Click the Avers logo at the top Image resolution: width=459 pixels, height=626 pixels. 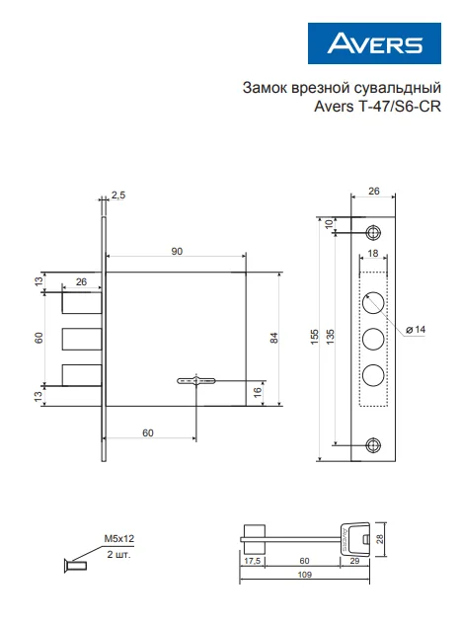(x=374, y=43)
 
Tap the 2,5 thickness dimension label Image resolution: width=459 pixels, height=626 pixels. (x=118, y=195)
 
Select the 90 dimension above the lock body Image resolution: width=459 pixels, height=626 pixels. (x=177, y=251)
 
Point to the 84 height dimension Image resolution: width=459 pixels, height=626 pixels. (x=273, y=338)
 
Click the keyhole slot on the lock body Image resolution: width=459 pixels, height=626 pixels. (x=196, y=380)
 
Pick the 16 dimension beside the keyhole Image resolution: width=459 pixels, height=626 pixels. (x=258, y=392)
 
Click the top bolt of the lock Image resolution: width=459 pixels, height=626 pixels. (x=82, y=302)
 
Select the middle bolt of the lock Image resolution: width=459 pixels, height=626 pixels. (x=82, y=339)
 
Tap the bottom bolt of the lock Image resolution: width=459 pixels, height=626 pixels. (x=82, y=375)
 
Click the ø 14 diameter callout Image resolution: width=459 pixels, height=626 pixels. (x=416, y=330)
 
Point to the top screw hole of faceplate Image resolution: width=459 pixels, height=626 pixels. (x=373, y=232)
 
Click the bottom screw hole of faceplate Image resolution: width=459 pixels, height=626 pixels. (x=373, y=445)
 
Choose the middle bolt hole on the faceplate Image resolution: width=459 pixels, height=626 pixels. (x=373, y=339)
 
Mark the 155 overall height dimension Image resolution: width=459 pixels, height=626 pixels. (x=315, y=337)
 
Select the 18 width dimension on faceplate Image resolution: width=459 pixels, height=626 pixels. (x=373, y=253)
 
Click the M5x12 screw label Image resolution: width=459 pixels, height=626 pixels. (x=118, y=538)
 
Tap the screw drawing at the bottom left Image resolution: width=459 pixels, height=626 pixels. (x=75, y=566)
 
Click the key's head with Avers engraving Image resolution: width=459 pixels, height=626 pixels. (x=354, y=539)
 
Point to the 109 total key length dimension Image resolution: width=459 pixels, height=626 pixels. (x=305, y=574)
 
